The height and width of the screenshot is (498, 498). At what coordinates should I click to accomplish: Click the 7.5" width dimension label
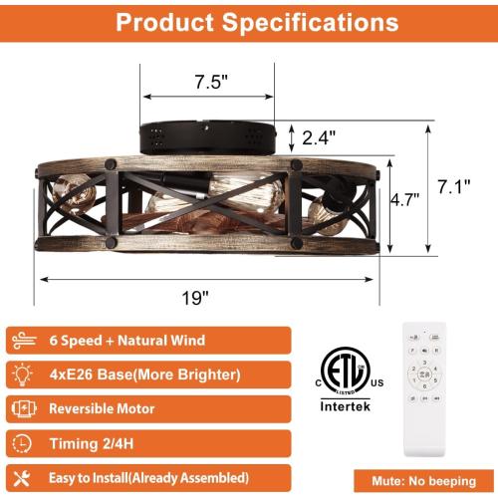(x=206, y=82)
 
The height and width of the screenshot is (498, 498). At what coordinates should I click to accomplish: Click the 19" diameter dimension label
(x=195, y=296)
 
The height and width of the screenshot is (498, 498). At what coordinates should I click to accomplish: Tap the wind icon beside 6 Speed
(x=24, y=341)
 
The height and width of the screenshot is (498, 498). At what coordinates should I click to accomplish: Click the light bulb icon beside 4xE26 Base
(x=24, y=374)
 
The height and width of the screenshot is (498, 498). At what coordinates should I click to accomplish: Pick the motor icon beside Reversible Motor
(x=24, y=409)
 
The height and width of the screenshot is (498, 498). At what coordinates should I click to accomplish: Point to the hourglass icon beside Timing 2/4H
(x=24, y=443)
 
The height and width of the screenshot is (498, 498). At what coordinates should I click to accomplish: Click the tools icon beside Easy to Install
(x=24, y=477)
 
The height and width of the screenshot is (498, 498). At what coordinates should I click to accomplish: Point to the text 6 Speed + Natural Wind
(x=126, y=341)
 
